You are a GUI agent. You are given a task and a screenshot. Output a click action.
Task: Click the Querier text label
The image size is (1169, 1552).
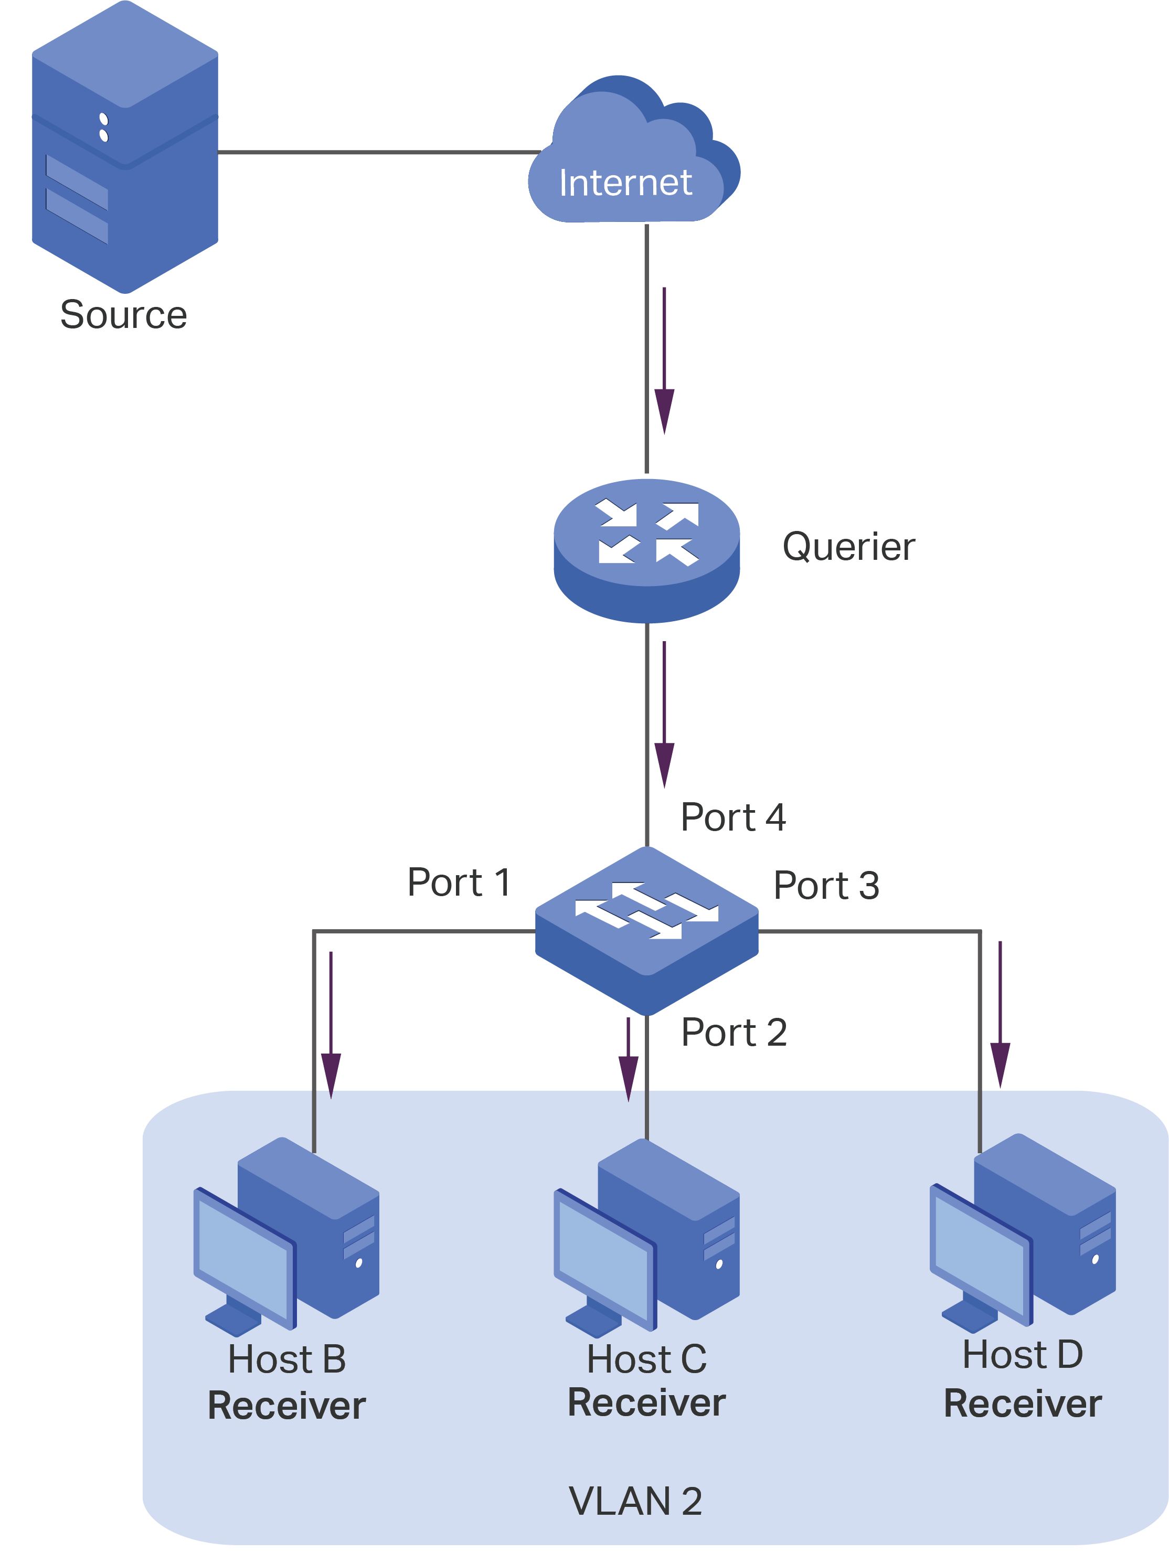(848, 547)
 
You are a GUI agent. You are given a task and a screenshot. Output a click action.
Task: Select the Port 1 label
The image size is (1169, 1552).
(458, 882)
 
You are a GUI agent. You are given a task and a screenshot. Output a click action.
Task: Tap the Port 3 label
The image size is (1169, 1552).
(826, 886)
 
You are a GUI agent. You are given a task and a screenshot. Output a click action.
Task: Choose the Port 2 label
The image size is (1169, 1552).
(734, 1032)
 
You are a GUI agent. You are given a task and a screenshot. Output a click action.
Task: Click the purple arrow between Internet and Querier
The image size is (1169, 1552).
(664, 362)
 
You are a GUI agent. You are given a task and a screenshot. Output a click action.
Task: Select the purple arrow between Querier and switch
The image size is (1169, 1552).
(664, 716)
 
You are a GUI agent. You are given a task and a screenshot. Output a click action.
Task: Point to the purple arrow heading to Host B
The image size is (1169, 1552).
(331, 1024)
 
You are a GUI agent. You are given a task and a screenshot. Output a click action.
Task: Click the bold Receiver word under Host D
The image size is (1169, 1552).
(1022, 1404)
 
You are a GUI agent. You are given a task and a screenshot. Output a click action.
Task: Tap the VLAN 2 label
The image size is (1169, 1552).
(635, 1502)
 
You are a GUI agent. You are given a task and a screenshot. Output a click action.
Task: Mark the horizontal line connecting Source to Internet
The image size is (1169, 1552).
(379, 152)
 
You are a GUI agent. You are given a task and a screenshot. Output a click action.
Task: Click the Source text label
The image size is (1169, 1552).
(123, 314)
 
